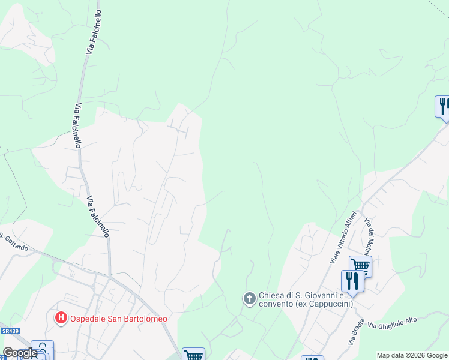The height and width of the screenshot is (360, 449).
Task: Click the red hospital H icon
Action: tap(61, 318)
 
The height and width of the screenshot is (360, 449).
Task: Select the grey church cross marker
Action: tap(249, 298)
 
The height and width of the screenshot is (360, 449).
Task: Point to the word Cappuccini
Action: tap(330, 304)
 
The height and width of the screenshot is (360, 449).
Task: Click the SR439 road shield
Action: tap(8, 331)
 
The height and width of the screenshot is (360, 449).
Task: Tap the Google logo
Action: tap(20, 353)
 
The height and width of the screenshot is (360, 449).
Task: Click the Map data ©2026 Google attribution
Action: tap(412, 355)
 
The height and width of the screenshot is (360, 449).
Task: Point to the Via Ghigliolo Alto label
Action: tap(393, 323)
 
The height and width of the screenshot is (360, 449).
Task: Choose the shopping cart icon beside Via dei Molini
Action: tap(360, 265)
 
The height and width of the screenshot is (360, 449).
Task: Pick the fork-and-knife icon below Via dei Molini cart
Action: tap(352, 280)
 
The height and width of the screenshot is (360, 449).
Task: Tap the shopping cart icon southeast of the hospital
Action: tap(193, 355)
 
